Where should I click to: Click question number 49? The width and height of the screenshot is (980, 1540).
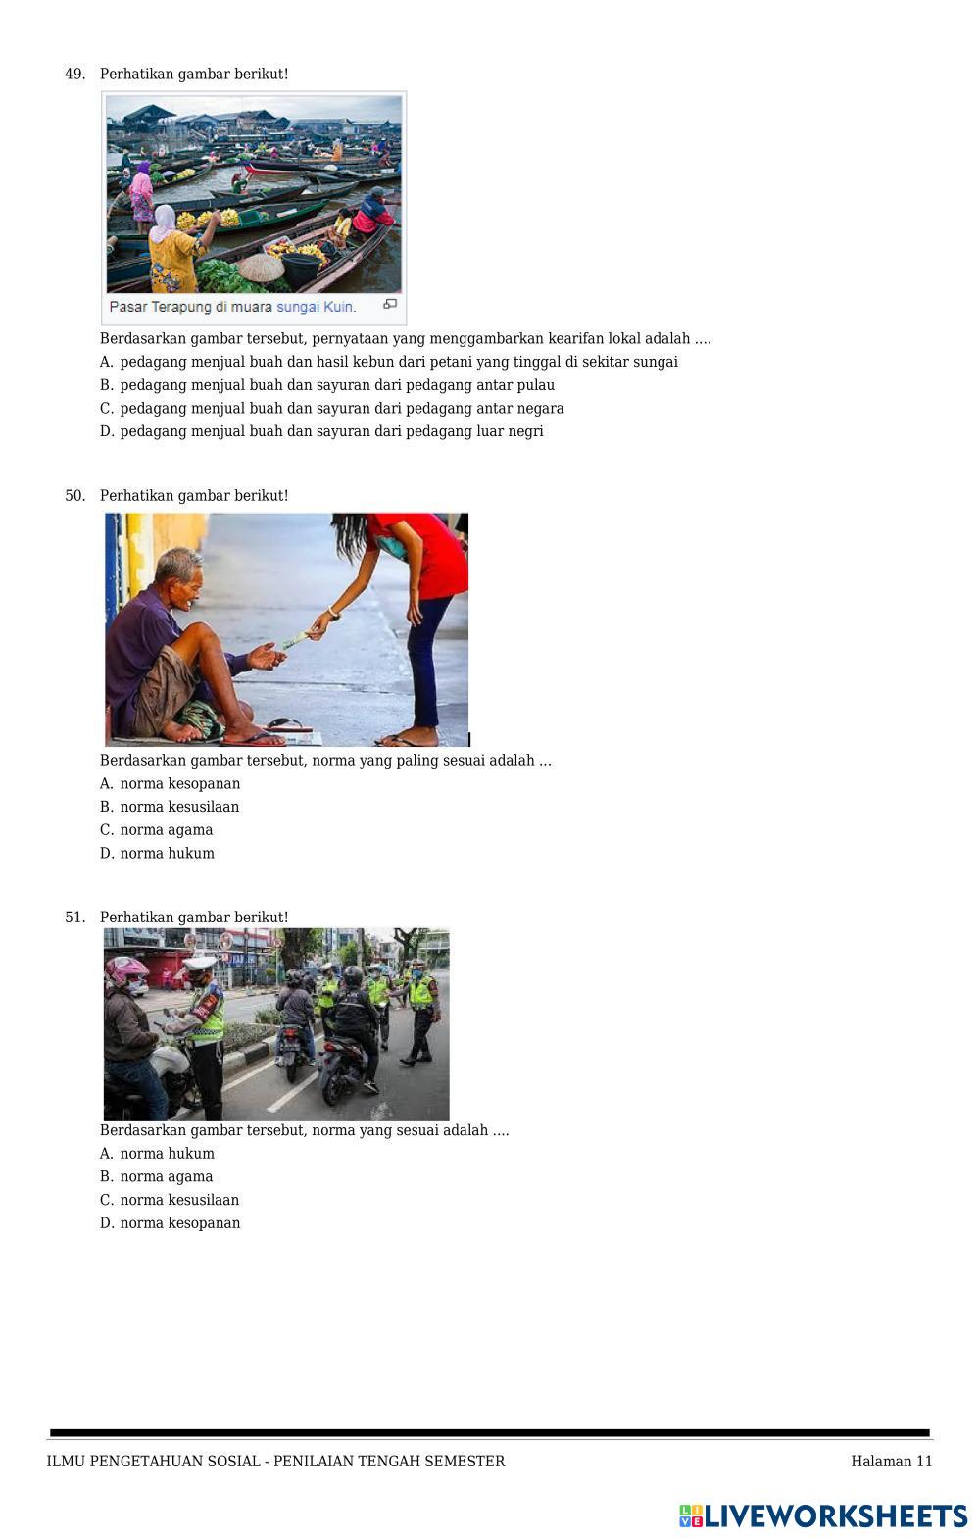click(74, 75)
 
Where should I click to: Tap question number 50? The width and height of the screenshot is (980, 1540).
click(74, 496)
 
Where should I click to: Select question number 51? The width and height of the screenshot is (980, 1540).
click(74, 918)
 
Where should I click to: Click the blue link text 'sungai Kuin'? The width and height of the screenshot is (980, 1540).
click(316, 307)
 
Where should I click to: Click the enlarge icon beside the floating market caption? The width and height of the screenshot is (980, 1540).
click(390, 304)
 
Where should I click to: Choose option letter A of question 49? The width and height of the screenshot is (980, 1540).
click(106, 362)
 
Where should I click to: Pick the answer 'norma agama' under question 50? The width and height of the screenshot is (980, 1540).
click(167, 830)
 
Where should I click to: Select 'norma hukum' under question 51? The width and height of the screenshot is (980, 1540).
click(167, 1153)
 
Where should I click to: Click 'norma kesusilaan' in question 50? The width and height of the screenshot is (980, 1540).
click(179, 807)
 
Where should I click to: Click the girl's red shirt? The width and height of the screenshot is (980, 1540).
click(420, 554)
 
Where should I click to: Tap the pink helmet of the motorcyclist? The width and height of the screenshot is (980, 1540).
click(125, 969)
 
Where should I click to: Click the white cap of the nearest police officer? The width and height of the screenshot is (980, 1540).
click(200, 963)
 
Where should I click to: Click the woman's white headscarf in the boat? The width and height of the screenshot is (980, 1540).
click(164, 223)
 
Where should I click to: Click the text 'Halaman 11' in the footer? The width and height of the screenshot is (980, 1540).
click(892, 1461)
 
